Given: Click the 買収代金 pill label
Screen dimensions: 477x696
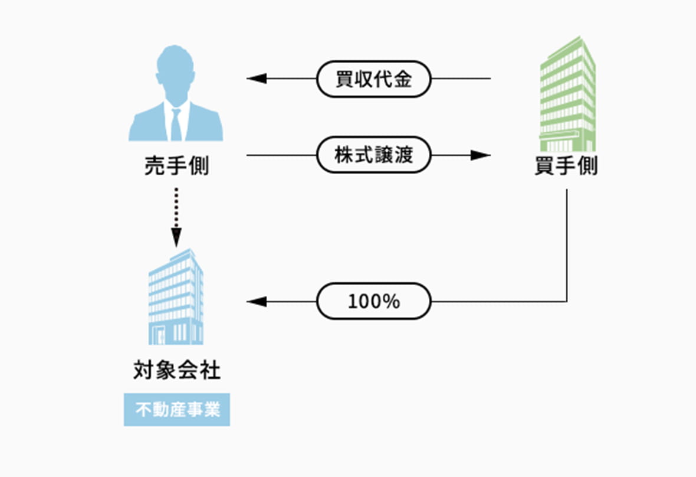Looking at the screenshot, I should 374,79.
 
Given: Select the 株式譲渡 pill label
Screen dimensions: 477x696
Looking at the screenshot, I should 374,156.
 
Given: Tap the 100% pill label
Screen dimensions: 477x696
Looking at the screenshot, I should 374,302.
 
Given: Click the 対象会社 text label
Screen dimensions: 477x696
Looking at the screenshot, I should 176,371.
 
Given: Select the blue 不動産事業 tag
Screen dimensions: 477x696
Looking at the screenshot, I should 176,409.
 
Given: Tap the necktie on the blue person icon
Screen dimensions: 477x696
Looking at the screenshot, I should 176,125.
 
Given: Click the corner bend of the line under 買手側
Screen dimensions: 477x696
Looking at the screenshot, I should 567,302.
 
